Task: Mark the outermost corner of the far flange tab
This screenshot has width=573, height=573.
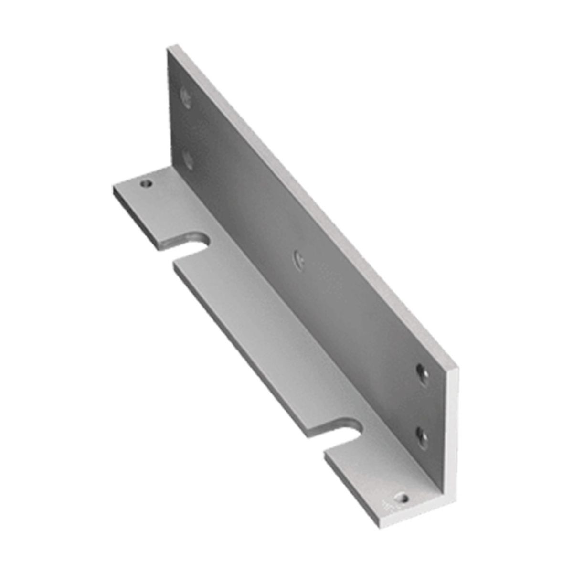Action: (x=114, y=187)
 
